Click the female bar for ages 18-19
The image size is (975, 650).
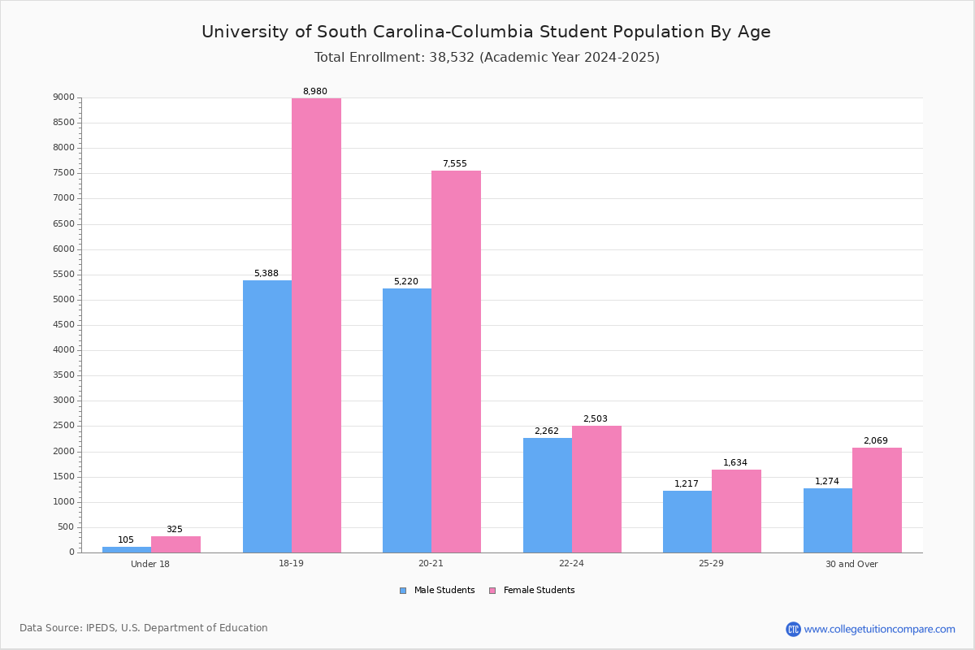point(316,325)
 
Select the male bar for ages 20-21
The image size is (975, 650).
point(407,420)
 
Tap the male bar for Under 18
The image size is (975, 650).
point(127,549)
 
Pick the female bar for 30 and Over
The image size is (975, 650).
point(877,500)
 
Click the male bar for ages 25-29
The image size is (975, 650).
point(687,522)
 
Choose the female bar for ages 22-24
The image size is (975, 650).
point(596,489)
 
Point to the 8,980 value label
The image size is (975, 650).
point(315,92)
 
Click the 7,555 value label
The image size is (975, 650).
point(455,164)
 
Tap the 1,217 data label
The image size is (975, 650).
point(687,484)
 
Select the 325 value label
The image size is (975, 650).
point(175,530)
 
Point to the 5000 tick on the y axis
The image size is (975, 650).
point(64,300)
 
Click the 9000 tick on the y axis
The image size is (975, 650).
point(64,97)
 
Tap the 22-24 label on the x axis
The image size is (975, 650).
point(571,564)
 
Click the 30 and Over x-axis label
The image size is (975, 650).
point(851,564)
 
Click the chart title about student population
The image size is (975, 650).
point(486,32)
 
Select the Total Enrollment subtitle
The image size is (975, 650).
point(487,58)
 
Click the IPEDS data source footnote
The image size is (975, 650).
point(144,628)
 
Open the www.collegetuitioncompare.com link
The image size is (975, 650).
point(879,629)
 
